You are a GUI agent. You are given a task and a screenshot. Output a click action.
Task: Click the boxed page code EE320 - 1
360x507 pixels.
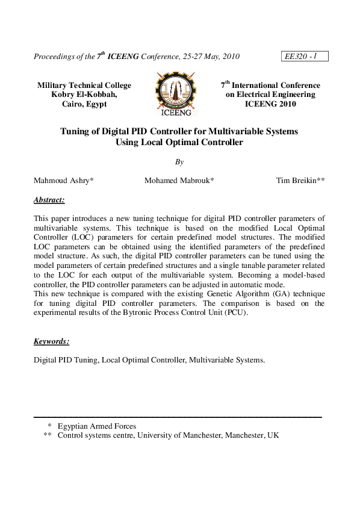point(304,57)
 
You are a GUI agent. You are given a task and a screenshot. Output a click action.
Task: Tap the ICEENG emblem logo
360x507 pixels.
point(176,94)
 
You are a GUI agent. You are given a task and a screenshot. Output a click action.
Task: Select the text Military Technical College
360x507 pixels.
point(84,86)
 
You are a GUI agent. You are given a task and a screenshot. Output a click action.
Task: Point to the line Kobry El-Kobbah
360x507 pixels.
point(84,95)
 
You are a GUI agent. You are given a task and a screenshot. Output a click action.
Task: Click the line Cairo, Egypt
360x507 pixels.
point(84,104)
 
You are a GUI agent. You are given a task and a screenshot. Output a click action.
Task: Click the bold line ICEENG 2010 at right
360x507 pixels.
point(270,104)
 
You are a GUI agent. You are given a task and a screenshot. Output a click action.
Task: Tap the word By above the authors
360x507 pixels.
point(179,161)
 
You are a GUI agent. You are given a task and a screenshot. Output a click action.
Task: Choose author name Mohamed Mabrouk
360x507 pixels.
point(177,180)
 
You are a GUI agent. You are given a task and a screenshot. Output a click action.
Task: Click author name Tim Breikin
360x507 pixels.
point(299,180)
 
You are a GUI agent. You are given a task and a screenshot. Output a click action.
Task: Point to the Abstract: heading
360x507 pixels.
point(49,199)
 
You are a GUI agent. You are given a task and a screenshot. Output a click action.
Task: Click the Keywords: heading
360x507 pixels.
point(51,341)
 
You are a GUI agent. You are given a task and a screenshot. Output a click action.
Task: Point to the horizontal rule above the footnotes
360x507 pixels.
point(177,417)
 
